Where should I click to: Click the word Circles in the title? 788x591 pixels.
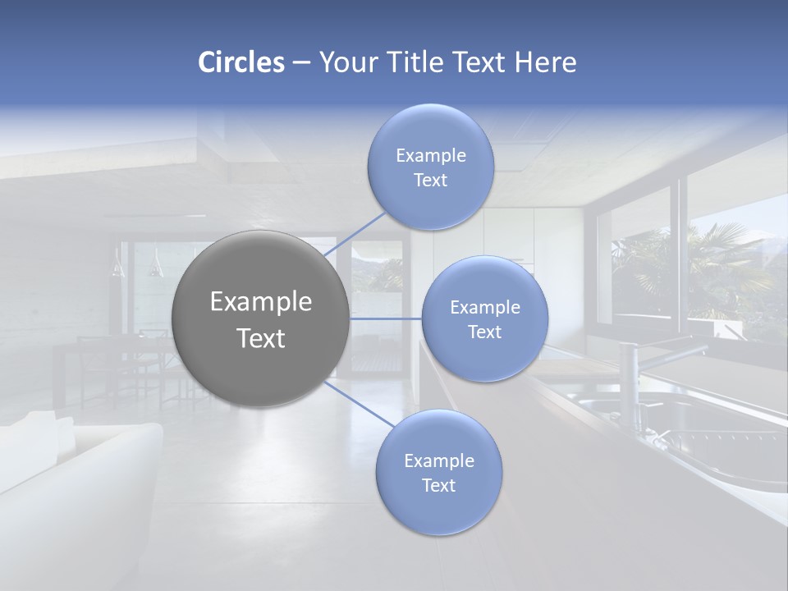(241, 62)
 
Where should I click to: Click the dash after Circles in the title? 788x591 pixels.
(300, 63)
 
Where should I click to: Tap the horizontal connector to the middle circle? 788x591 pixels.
(386, 318)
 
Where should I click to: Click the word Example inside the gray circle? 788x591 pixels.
(261, 302)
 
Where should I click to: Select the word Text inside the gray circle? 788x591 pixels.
(261, 338)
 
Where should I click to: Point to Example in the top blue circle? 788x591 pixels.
(430, 155)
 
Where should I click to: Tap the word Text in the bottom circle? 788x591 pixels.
(438, 485)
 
